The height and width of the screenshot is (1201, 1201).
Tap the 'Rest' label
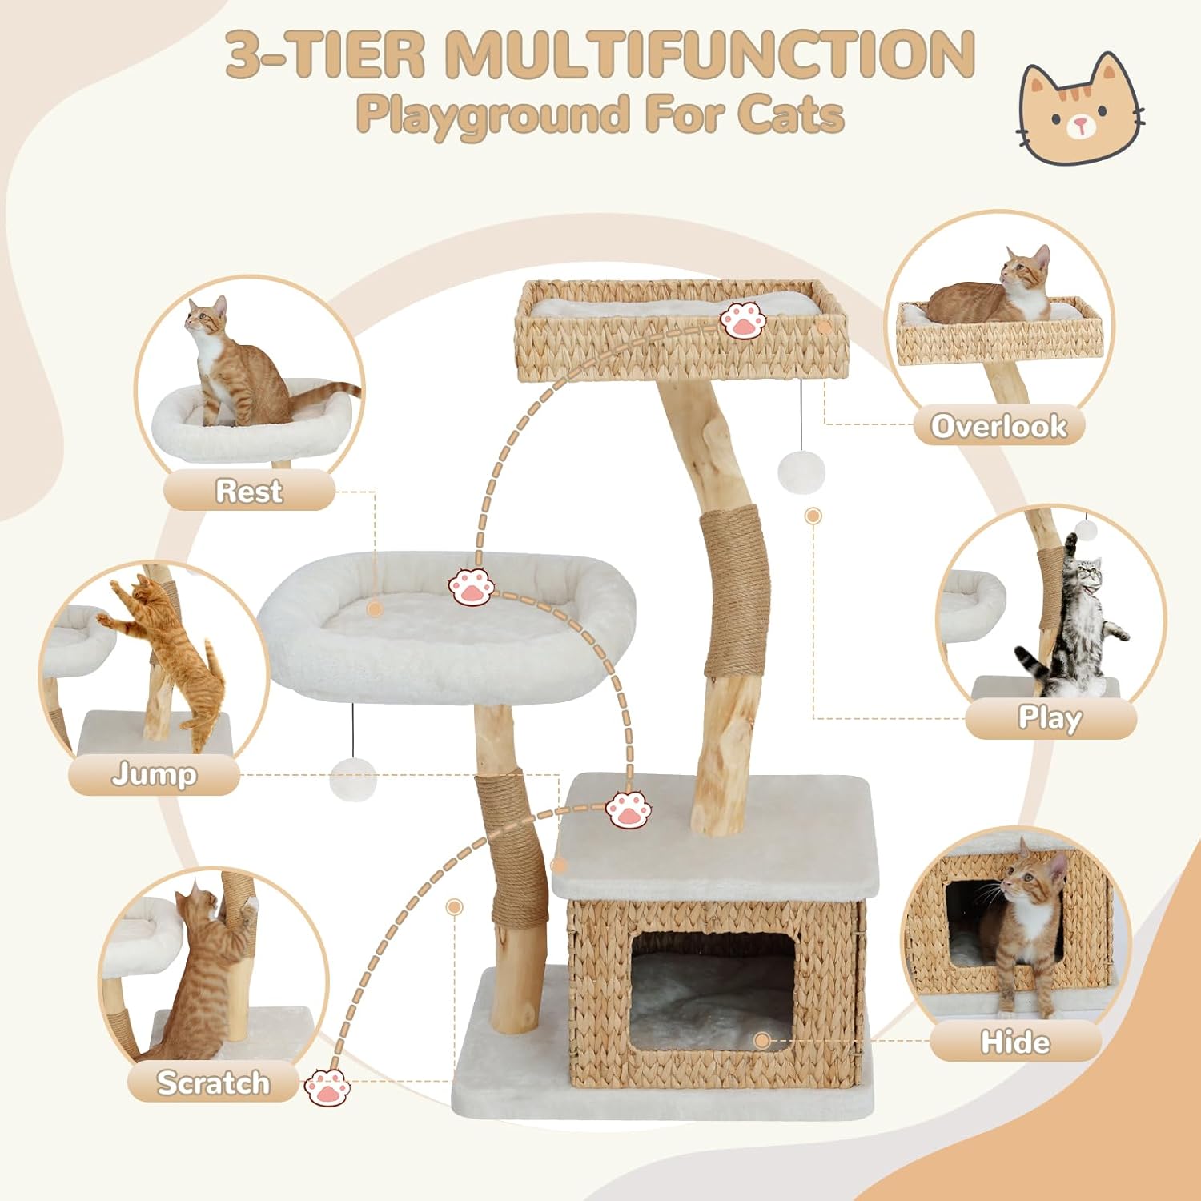(x=249, y=491)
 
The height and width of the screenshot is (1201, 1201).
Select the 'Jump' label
(x=154, y=774)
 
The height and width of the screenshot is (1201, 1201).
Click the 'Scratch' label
(x=213, y=1083)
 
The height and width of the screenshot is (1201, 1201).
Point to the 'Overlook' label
(x=998, y=426)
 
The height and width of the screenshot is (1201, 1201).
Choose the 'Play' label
(x=1050, y=718)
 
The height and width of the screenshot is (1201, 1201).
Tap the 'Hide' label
(x=1015, y=1042)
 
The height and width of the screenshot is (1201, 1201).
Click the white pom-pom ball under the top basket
(x=801, y=471)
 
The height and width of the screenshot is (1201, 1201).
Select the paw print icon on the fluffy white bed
(x=472, y=586)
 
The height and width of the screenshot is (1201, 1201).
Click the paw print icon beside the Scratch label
(x=327, y=1087)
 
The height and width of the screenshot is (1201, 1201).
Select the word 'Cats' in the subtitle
(x=790, y=114)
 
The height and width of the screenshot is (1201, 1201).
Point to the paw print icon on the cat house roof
(x=629, y=810)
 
